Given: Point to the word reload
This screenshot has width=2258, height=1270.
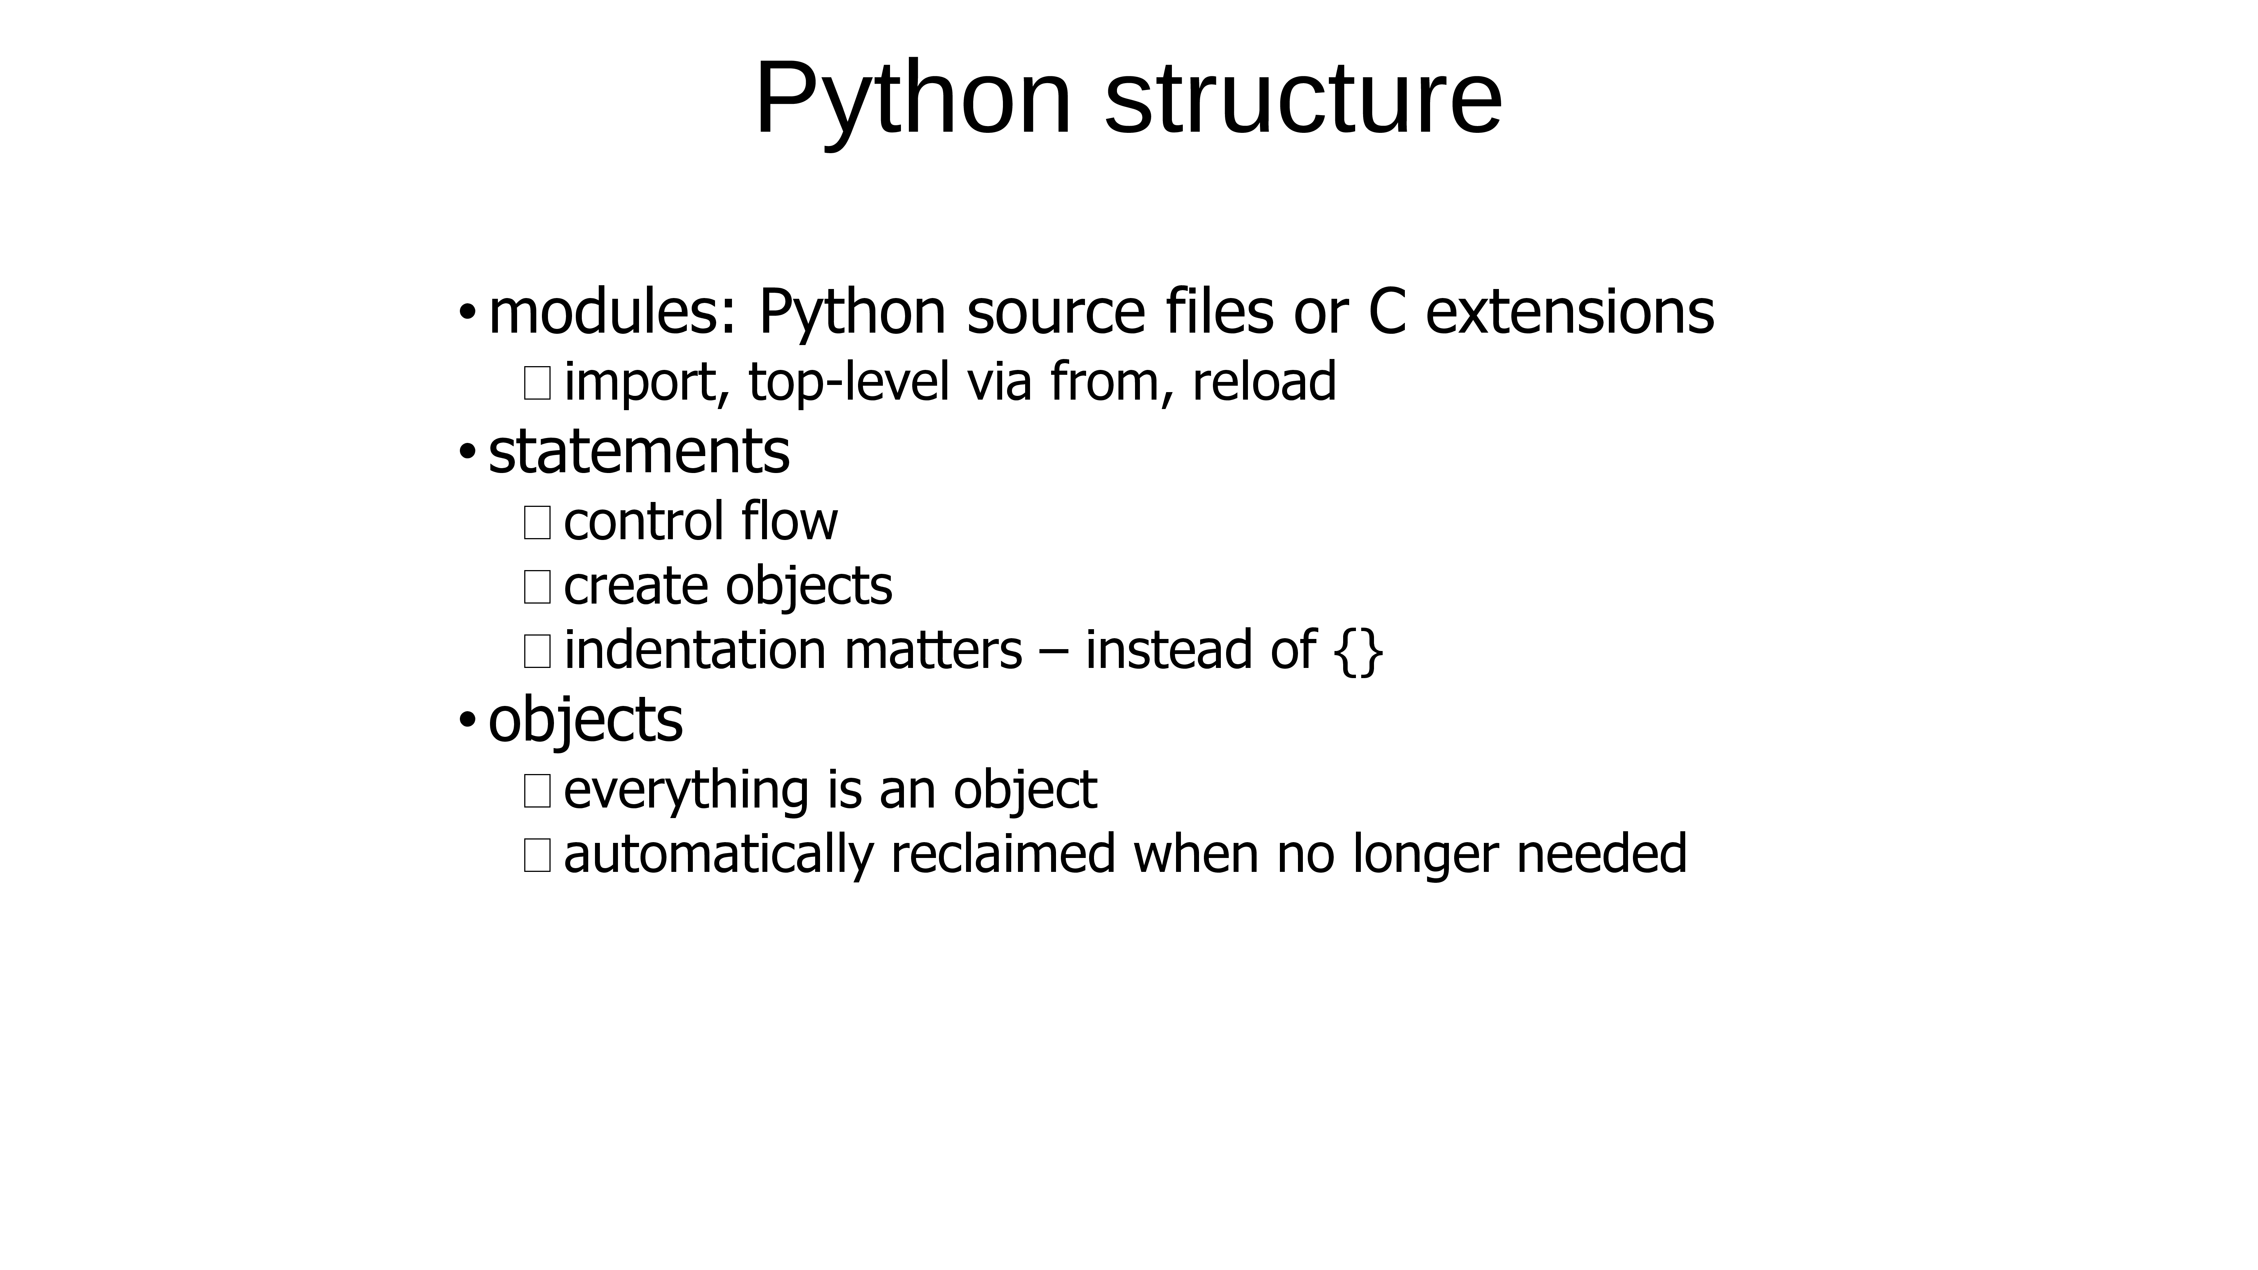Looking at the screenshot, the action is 1264,382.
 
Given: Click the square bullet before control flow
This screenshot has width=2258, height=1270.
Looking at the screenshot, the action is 536,522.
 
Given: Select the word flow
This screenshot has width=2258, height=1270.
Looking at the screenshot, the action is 789,521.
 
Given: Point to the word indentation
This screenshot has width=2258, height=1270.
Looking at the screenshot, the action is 695,650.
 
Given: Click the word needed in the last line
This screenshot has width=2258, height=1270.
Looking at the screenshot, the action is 1601,855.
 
